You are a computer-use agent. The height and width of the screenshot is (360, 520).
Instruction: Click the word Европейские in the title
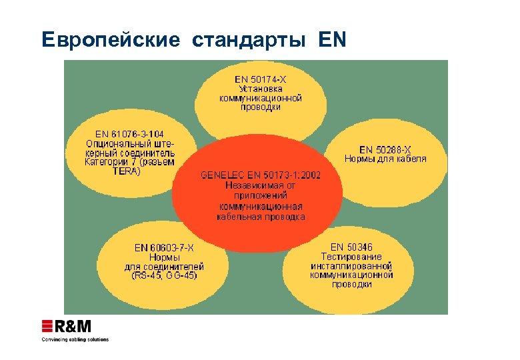[110, 40]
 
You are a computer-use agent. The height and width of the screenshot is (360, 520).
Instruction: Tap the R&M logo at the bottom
[67, 327]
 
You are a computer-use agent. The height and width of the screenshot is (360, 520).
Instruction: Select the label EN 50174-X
[261, 79]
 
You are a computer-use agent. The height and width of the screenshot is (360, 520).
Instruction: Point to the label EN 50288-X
[385, 149]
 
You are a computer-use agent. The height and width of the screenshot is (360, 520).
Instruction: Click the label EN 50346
[351, 247]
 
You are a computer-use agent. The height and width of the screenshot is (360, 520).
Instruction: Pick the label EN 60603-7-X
[164, 248]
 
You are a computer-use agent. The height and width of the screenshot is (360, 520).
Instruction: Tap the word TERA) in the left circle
[127, 171]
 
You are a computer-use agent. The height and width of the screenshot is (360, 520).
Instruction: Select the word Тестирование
[351, 257]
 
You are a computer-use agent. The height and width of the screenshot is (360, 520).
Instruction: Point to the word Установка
[261, 88]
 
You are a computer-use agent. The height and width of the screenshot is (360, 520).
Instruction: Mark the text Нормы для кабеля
[385, 159]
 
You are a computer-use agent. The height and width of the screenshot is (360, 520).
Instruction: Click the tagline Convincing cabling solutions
[75, 340]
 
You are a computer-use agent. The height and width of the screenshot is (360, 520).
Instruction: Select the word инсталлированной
[351, 265]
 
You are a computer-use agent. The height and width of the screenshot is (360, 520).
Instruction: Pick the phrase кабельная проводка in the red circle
[261, 217]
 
